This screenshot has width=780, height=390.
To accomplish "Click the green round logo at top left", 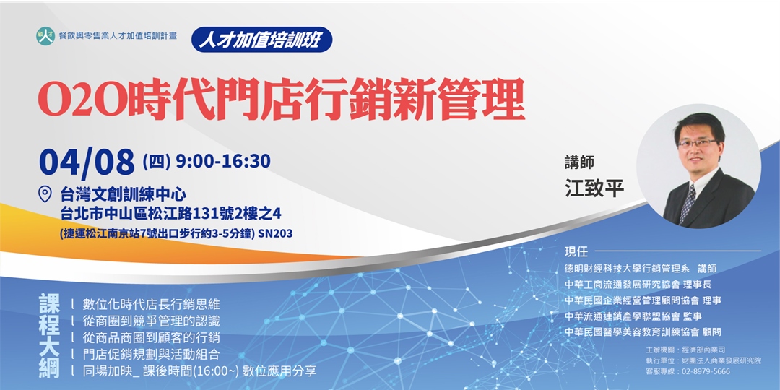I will point(45,37).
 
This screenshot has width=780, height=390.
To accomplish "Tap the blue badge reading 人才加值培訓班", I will point(261,38).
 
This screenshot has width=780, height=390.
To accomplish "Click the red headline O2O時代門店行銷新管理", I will point(281,99).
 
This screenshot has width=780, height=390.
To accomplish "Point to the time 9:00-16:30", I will point(222,160).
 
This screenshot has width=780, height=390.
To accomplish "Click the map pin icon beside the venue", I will point(45,194).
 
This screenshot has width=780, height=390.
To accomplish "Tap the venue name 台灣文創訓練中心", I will point(123,194).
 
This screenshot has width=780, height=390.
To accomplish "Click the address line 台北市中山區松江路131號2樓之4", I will point(170,213).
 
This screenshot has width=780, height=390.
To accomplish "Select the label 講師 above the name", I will point(579,163).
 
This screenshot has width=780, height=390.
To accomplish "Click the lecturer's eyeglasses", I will point(698,144).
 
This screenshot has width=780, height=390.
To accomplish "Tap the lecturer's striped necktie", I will point(688,203).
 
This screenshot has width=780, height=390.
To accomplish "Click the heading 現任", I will point(577,252).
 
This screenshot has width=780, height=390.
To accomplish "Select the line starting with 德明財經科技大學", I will point(641,268).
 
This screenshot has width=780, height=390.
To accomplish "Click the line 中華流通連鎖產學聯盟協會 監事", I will point(633,316).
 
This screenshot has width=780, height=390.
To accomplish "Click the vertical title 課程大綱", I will point(48,336).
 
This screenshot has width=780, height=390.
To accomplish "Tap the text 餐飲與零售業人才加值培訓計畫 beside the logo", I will point(118,36).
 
